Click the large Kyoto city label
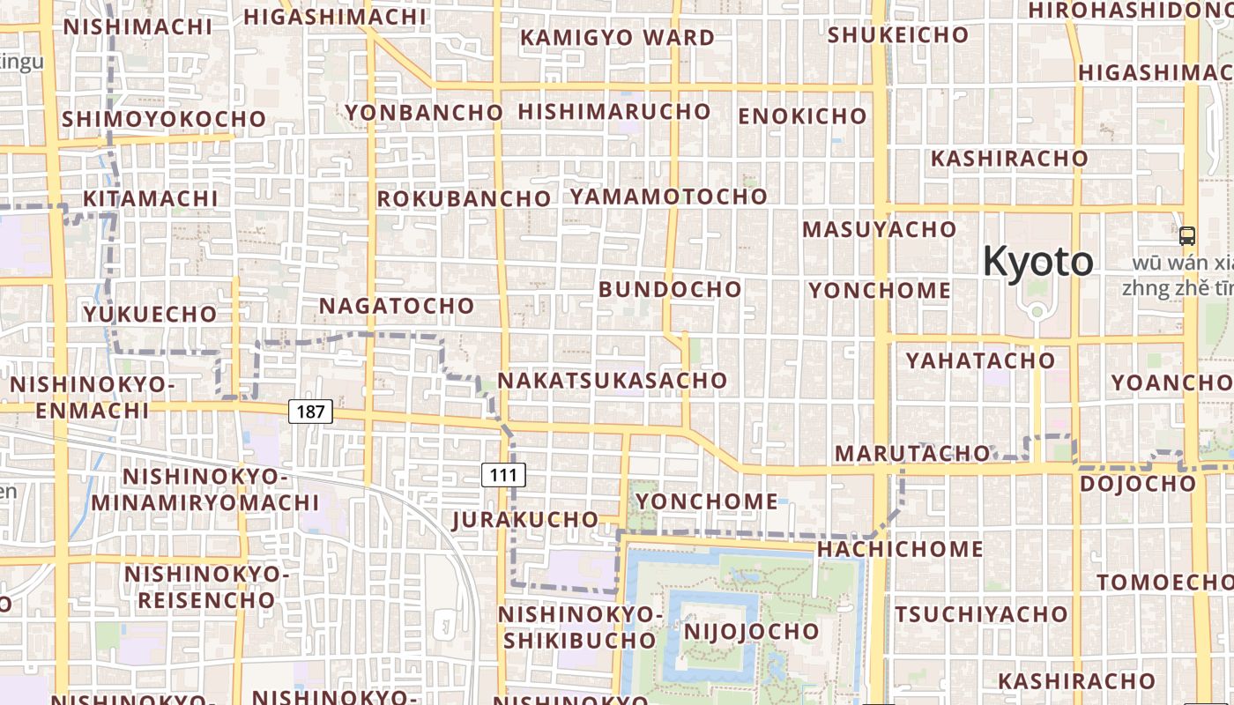(1037, 262)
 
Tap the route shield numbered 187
(310, 411)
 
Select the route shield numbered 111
(503, 475)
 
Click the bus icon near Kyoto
(1187, 235)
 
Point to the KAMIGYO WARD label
(617, 38)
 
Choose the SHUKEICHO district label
(898, 35)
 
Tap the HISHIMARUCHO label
(614, 112)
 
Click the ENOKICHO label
(802, 116)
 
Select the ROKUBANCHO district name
(464, 199)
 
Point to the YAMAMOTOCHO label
(668, 197)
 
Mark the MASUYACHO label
(879, 230)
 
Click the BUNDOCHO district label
(670, 289)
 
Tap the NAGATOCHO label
(397, 306)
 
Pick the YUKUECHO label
(150, 314)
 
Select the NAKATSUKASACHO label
(613, 381)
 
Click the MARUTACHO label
(912, 453)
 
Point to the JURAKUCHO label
(525, 519)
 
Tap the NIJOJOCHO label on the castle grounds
(752, 632)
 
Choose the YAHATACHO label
(980, 360)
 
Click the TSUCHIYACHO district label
(982, 613)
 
